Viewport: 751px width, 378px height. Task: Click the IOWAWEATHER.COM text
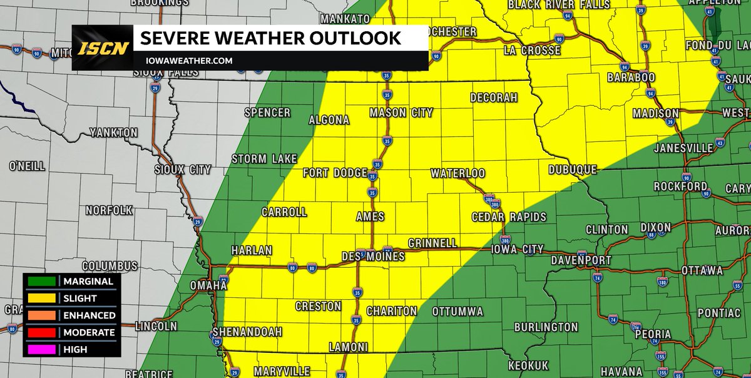click(186, 61)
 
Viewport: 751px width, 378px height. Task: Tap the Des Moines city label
click(373, 257)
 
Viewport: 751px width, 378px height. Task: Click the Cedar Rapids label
click(509, 217)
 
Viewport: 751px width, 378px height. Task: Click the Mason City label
click(401, 113)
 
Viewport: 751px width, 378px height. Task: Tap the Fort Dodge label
click(335, 173)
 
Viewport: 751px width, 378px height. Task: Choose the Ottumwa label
click(457, 311)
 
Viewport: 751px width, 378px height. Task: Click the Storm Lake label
click(263, 159)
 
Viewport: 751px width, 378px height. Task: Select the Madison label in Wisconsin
click(655, 113)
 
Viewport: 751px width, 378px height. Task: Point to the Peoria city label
click(653, 334)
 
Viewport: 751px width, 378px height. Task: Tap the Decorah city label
click(494, 98)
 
